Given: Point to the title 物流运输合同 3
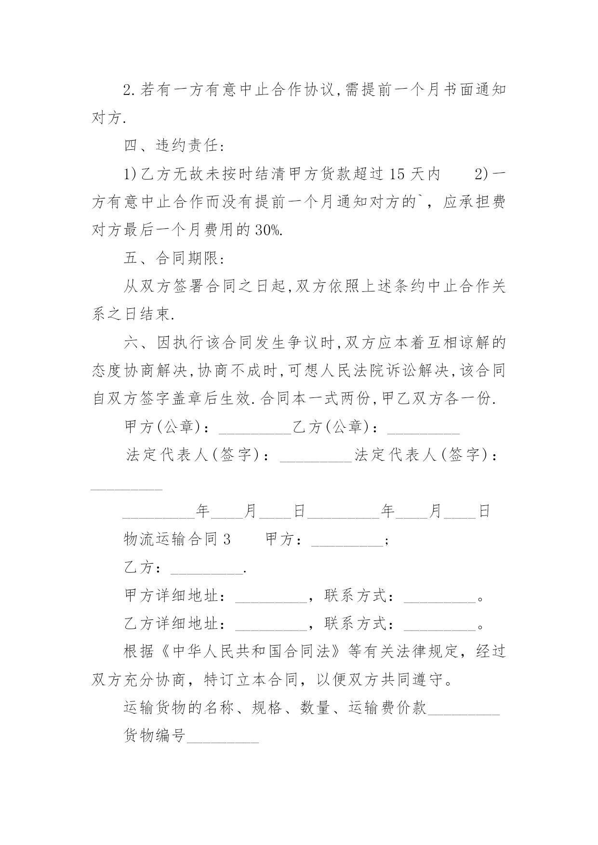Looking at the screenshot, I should (177, 540).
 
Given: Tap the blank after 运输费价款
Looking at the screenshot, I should (464, 710).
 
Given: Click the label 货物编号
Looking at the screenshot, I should (155, 736).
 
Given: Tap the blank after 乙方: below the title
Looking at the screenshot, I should (207, 569).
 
